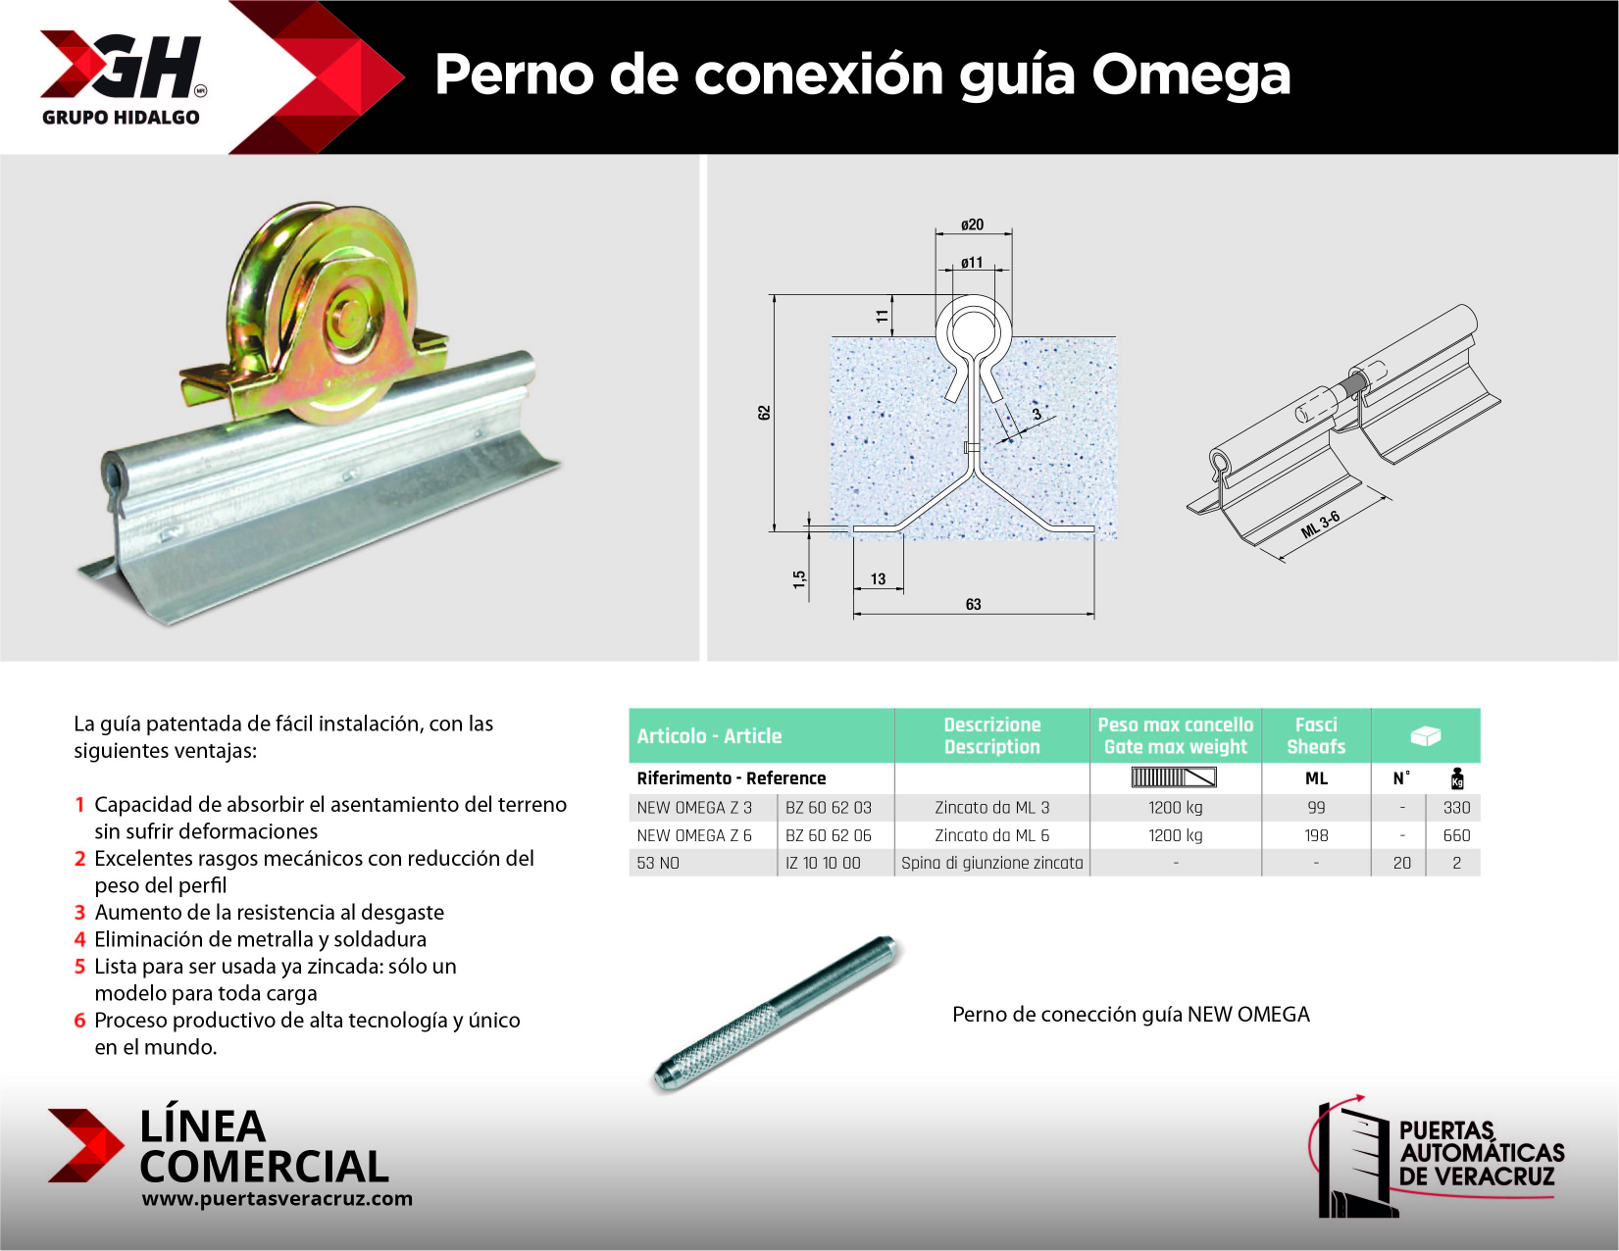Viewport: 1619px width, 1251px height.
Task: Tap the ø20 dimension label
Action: tap(972, 225)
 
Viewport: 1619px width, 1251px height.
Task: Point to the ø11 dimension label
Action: tap(972, 263)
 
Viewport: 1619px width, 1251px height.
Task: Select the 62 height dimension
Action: tap(764, 413)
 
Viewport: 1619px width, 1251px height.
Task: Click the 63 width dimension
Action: tap(973, 604)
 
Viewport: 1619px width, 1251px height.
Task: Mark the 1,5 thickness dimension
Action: tap(799, 578)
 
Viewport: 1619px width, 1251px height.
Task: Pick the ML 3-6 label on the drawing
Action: tap(1320, 525)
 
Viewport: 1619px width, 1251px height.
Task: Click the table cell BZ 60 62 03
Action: tap(828, 808)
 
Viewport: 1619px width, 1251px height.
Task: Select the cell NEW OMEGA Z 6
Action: tap(694, 835)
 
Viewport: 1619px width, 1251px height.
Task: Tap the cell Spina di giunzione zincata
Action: tap(991, 863)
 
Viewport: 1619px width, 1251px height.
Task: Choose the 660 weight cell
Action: tap(1456, 835)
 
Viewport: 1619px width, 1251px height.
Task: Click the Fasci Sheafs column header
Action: tap(1315, 735)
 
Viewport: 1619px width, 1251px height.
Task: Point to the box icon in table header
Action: tap(1425, 735)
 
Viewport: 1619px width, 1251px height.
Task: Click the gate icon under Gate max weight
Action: tap(1174, 777)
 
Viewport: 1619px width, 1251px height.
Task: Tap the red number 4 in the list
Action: tap(79, 939)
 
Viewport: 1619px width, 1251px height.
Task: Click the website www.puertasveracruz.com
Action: tap(277, 1198)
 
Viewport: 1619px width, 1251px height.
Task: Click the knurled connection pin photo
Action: tap(775, 1013)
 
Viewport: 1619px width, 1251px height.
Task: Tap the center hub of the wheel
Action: tap(345, 316)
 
